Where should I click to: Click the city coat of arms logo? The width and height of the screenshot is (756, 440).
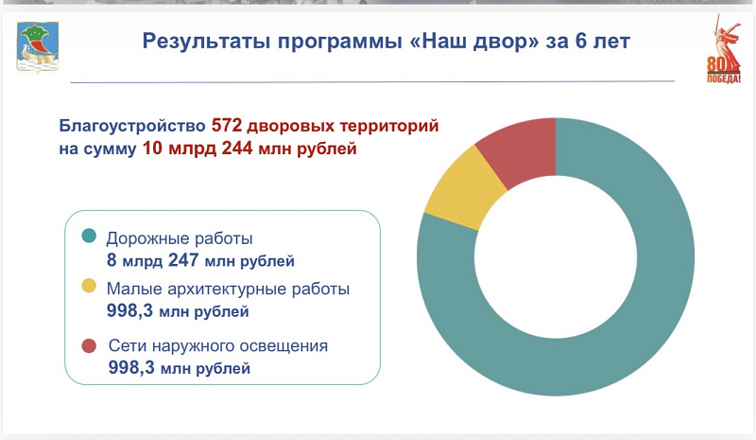38,48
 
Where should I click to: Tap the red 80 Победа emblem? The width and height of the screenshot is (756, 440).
724,49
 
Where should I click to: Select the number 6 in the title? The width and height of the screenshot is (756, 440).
580,41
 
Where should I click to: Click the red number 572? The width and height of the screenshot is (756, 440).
227,125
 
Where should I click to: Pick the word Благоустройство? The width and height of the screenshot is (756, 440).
132,126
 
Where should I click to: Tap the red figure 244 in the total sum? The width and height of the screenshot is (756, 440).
237,148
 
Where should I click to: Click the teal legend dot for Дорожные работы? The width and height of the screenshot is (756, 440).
89,236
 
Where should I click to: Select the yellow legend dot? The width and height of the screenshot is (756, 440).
89,286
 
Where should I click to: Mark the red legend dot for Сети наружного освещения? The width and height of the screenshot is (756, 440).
89,345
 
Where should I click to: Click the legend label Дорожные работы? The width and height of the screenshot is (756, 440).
180,238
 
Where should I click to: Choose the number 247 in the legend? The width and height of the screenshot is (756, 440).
183,260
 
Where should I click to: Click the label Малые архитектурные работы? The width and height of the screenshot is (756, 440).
228,289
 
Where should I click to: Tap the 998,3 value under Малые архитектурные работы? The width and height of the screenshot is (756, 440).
129,310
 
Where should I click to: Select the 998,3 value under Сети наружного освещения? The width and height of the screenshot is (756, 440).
131,367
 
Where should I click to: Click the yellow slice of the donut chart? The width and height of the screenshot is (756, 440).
464,188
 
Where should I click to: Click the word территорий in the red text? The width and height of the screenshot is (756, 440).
389,126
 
